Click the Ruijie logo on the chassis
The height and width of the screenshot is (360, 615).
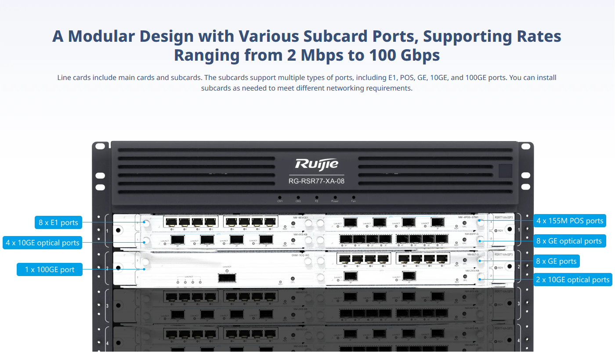(x=317, y=164)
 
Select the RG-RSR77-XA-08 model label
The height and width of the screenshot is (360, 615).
(x=317, y=181)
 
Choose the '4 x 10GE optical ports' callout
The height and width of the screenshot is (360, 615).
(x=43, y=243)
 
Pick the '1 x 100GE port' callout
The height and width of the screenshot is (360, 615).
(x=50, y=269)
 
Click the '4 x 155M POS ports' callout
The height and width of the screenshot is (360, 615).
(x=570, y=221)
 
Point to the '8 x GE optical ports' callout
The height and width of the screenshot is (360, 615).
(x=569, y=241)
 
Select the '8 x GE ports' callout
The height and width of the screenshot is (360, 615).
(x=556, y=261)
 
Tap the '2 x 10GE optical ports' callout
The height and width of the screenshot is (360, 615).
(x=573, y=280)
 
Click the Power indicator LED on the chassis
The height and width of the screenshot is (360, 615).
(x=335, y=197)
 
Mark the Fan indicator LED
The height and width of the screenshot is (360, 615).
(x=354, y=197)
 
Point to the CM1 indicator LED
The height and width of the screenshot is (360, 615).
(x=280, y=197)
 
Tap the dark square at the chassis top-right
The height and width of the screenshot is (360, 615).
(x=505, y=171)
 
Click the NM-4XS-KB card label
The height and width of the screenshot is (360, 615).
(x=300, y=234)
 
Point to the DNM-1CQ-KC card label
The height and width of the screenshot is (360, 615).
(x=300, y=255)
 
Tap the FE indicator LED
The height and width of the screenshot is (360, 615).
(x=317, y=197)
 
